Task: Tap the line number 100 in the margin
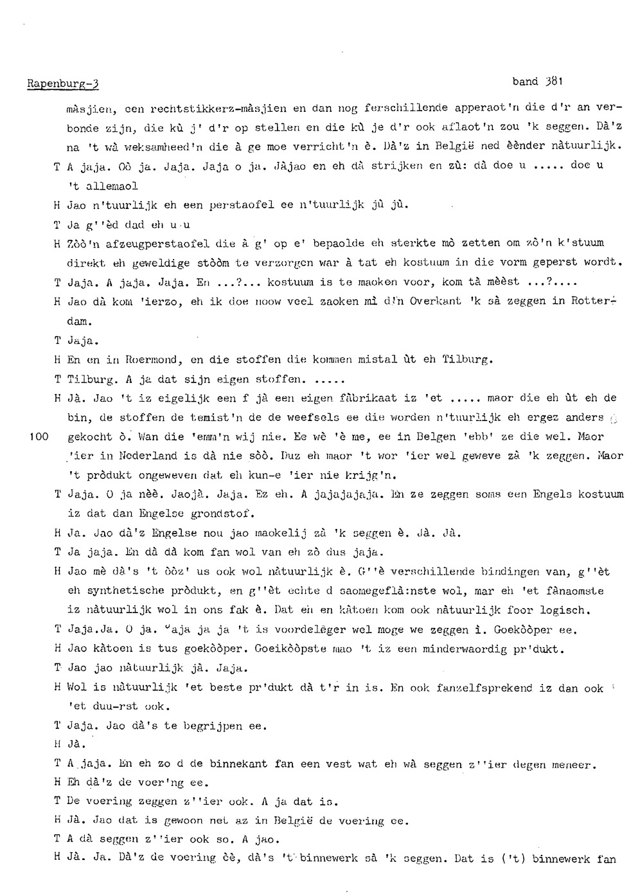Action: [39, 436]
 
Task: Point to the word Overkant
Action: [434, 301]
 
